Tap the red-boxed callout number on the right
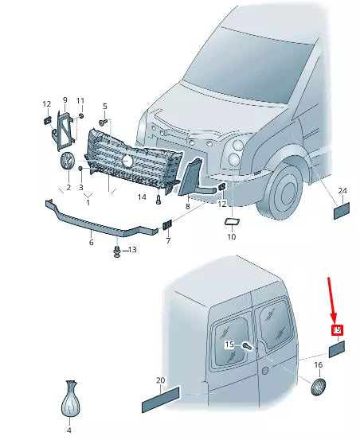337,329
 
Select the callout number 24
342,191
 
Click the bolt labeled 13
117,251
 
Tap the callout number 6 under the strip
91,243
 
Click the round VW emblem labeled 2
68,162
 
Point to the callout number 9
65,99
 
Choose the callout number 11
80,100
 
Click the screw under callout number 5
104,123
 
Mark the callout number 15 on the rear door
229,345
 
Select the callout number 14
142,197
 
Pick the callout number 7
168,240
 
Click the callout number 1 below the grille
88,202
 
